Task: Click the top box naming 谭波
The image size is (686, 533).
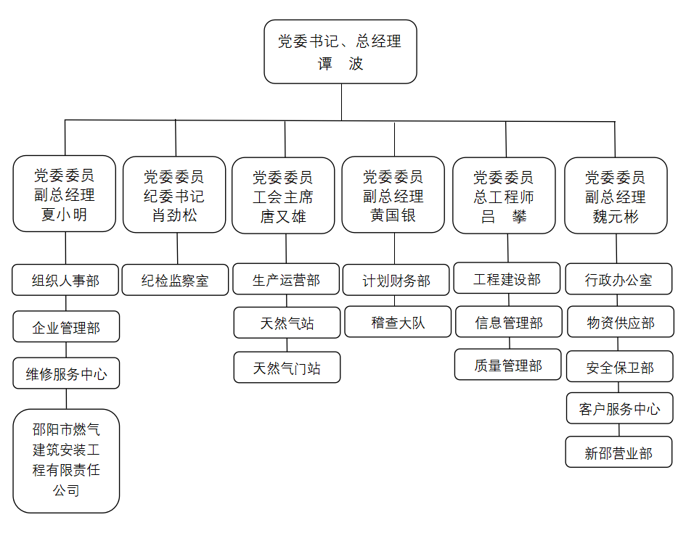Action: pyautogui.click(x=340, y=52)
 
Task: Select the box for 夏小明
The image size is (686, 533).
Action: pyautogui.click(x=65, y=194)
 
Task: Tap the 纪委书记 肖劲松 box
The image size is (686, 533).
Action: pyautogui.click(x=174, y=195)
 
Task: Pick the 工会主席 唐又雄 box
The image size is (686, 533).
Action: pyautogui.click(x=285, y=196)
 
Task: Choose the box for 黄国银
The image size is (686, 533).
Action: pyautogui.click(x=393, y=195)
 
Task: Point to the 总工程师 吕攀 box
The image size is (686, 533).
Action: pyautogui.click(x=505, y=196)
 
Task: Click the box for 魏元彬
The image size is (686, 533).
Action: pyautogui.click(x=616, y=196)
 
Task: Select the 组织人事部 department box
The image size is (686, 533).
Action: pyautogui.click(x=65, y=280)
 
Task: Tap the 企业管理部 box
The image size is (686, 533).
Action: pyautogui.click(x=66, y=327)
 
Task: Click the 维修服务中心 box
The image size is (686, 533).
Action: pyautogui.click(x=66, y=373)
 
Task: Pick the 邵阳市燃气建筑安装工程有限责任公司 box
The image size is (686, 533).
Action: pyautogui.click(x=66, y=460)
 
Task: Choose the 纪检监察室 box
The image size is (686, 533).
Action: pyautogui.click(x=175, y=280)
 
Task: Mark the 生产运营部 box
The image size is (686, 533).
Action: pyautogui.click(x=286, y=279)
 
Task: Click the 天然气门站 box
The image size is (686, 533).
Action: pyautogui.click(x=287, y=368)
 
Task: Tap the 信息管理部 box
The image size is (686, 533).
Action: pyautogui.click(x=508, y=322)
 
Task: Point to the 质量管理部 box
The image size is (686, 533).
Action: pyautogui.click(x=508, y=365)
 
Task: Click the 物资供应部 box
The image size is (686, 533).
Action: pyautogui.click(x=620, y=322)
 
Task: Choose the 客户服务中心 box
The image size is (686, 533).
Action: pyautogui.click(x=620, y=409)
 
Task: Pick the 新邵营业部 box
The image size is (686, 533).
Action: pyautogui.click(x=619, y=453)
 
